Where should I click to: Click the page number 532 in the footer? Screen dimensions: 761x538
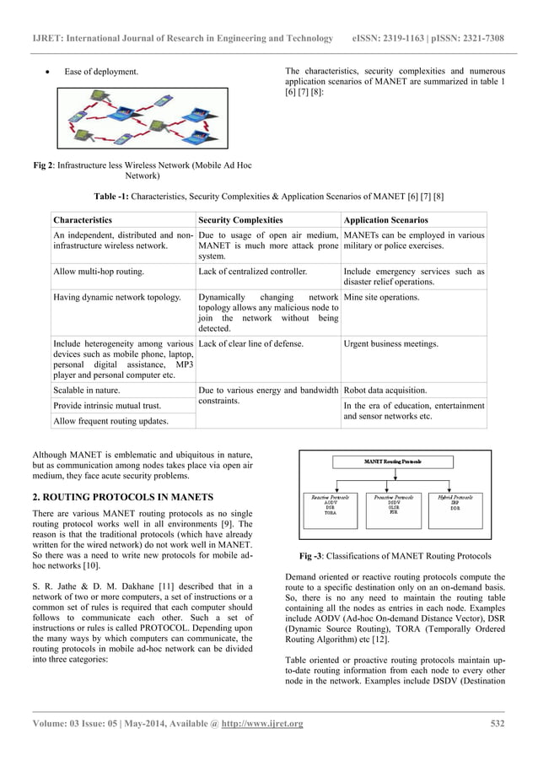pos(498,722)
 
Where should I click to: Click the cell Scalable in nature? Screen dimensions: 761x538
pos(86,391)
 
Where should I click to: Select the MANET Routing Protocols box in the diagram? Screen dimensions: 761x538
pos(393,461)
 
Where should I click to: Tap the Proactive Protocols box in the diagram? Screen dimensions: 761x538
pos(393,509)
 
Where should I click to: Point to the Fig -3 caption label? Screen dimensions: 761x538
pos(318,557)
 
